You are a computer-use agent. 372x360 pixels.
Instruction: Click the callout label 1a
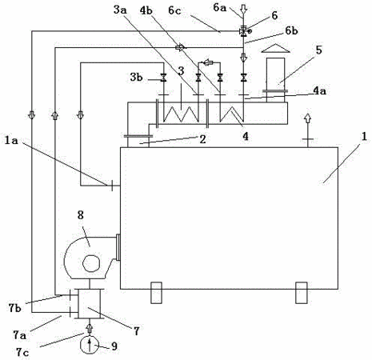pos(11,140)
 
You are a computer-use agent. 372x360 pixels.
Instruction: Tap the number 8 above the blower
pos(81,215)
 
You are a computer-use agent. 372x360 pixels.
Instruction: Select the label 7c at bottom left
pos(22,352)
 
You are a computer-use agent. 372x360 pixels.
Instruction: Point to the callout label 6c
pos(175,10)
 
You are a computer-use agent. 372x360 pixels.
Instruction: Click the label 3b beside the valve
pos(137,78)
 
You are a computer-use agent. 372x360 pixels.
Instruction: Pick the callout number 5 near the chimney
pos(319,50)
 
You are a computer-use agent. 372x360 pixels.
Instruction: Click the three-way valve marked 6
pos(243,31)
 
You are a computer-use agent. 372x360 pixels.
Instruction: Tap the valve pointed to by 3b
pos(163,78)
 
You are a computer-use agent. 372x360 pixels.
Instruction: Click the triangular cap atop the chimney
pos(275,48)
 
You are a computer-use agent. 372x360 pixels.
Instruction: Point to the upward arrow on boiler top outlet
pos(308,118)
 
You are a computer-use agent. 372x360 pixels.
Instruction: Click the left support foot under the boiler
pos(156,293)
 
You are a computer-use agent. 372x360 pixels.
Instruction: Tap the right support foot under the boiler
pos(302,293)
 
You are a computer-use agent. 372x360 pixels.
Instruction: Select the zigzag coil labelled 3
pos(181,114)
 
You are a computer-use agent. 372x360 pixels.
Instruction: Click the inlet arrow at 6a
pos(243,9)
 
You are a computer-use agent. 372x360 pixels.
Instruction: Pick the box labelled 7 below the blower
pos(89,303)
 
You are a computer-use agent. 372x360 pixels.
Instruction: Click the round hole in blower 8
pos(92,263)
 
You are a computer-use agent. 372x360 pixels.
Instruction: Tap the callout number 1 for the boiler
pos(364,137)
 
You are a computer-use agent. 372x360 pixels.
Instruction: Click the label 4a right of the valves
pos(319,91)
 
